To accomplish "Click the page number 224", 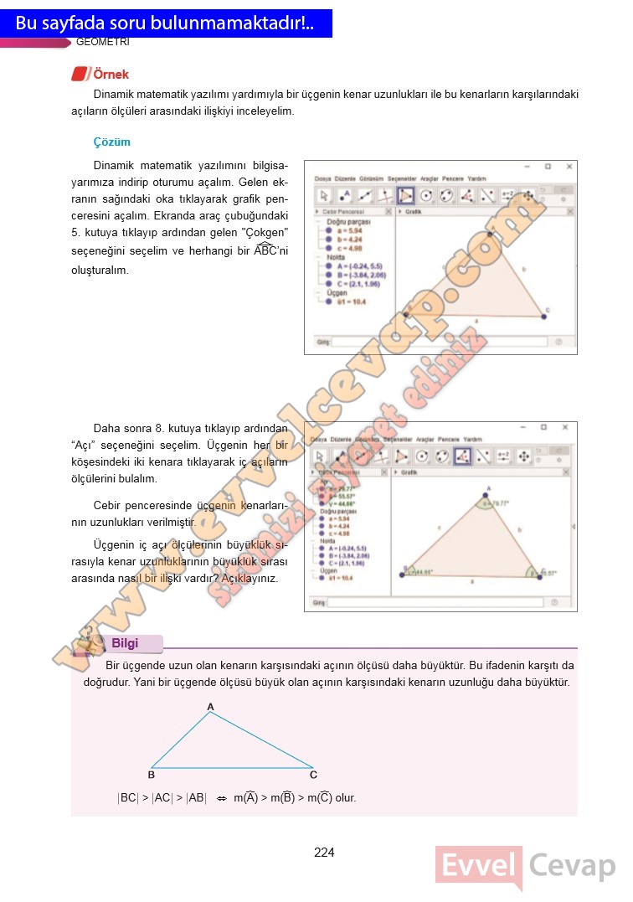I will coord(324,853).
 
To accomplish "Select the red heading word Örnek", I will coord(111,75).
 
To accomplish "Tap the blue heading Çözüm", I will coord(112,142).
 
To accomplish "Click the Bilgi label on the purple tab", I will coord(125,643).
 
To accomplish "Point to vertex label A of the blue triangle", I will coord(211,707).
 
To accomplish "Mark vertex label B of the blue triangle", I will coord(152,775).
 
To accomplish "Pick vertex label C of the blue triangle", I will coord(313,775).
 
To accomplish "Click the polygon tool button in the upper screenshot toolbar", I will coord(405,195).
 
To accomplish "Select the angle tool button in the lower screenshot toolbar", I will coord(462,456).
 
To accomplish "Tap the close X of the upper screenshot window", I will coord(569,167).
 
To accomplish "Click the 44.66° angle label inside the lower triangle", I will coord(420,573).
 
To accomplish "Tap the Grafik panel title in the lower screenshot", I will coord(410,472).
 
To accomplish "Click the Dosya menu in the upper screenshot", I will coord(323,179).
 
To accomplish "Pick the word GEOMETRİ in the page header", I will coord(102,42).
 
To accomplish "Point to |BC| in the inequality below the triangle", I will coord(128,798).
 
